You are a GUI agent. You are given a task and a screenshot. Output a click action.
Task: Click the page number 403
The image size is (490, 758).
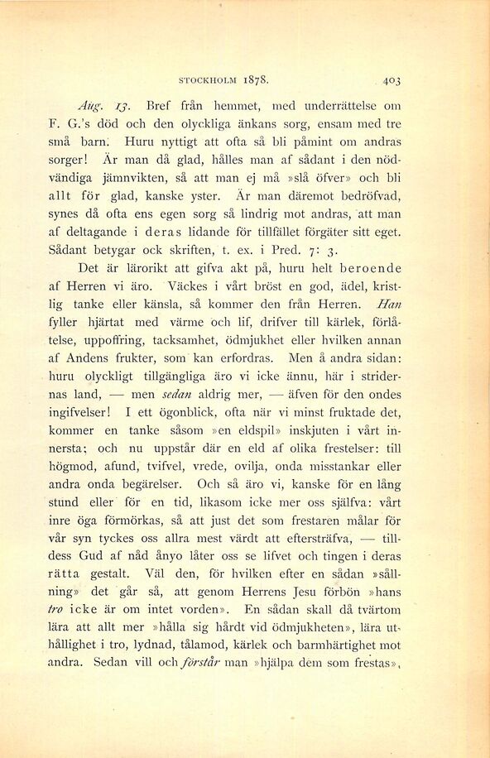coord(392,80)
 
